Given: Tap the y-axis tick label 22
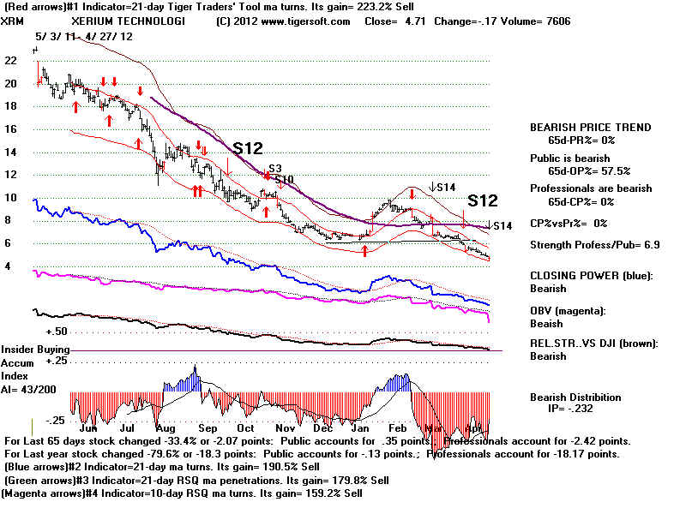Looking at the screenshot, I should (10, 61).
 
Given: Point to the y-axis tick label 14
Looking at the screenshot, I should (10, 152).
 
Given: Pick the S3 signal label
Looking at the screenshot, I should (275, 169).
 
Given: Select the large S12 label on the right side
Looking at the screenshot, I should (483, 201).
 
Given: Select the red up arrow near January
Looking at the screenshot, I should (365, 251).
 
